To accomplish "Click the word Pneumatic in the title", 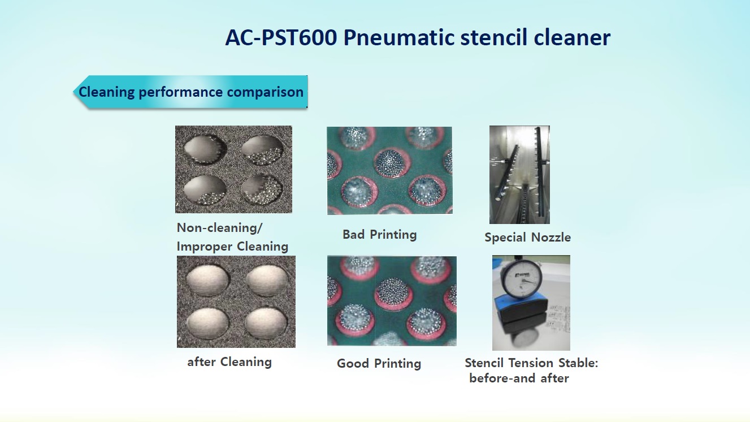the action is click(398, 38).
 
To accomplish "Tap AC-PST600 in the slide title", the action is click(281, 37).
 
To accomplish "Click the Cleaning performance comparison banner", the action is click(190, 92).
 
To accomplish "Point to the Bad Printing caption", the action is click(380, 234).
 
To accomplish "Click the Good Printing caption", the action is click(379, 363).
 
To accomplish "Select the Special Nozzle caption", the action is click(528, 238).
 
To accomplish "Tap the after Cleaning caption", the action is click(229, 362).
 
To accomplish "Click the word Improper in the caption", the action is click(204, 247).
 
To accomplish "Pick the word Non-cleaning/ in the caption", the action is click(219, 228).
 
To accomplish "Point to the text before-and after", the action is click(519, 378).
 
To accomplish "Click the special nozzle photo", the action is click(519, 175).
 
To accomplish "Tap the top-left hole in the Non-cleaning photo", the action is click(205, 149).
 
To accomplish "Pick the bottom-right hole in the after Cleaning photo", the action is click(266, 323).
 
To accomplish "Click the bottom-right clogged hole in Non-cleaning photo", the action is click(262, 190).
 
